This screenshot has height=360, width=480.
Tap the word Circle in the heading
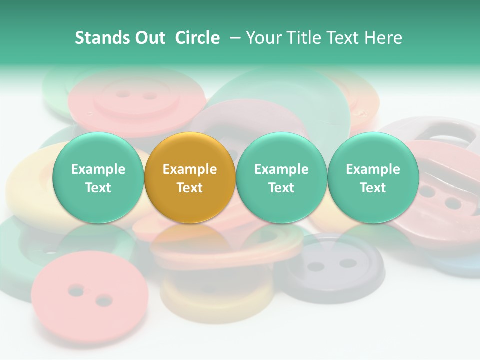[x=197, y=38]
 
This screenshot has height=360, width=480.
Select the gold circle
[x=190, y=178]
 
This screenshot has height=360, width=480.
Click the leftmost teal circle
[x=98, y=178]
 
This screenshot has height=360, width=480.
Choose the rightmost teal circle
[x=373, y=178]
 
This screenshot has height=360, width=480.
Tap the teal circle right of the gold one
[x=281, y=178]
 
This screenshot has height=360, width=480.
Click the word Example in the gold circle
[x=190, y=169]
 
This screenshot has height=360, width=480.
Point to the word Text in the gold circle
[x=190, y=188]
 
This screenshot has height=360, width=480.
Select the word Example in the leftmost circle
[x=98, y=169]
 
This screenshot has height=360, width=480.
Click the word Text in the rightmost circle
[x=373, y=188]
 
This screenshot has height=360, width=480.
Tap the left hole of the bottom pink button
[x=76, y=289]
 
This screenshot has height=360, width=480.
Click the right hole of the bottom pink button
[x=104, y=300]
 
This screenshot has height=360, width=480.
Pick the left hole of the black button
[x=315, y=266]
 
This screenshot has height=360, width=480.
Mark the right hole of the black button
[x=348, y=263]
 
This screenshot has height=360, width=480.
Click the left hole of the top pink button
[x=122, y=93]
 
